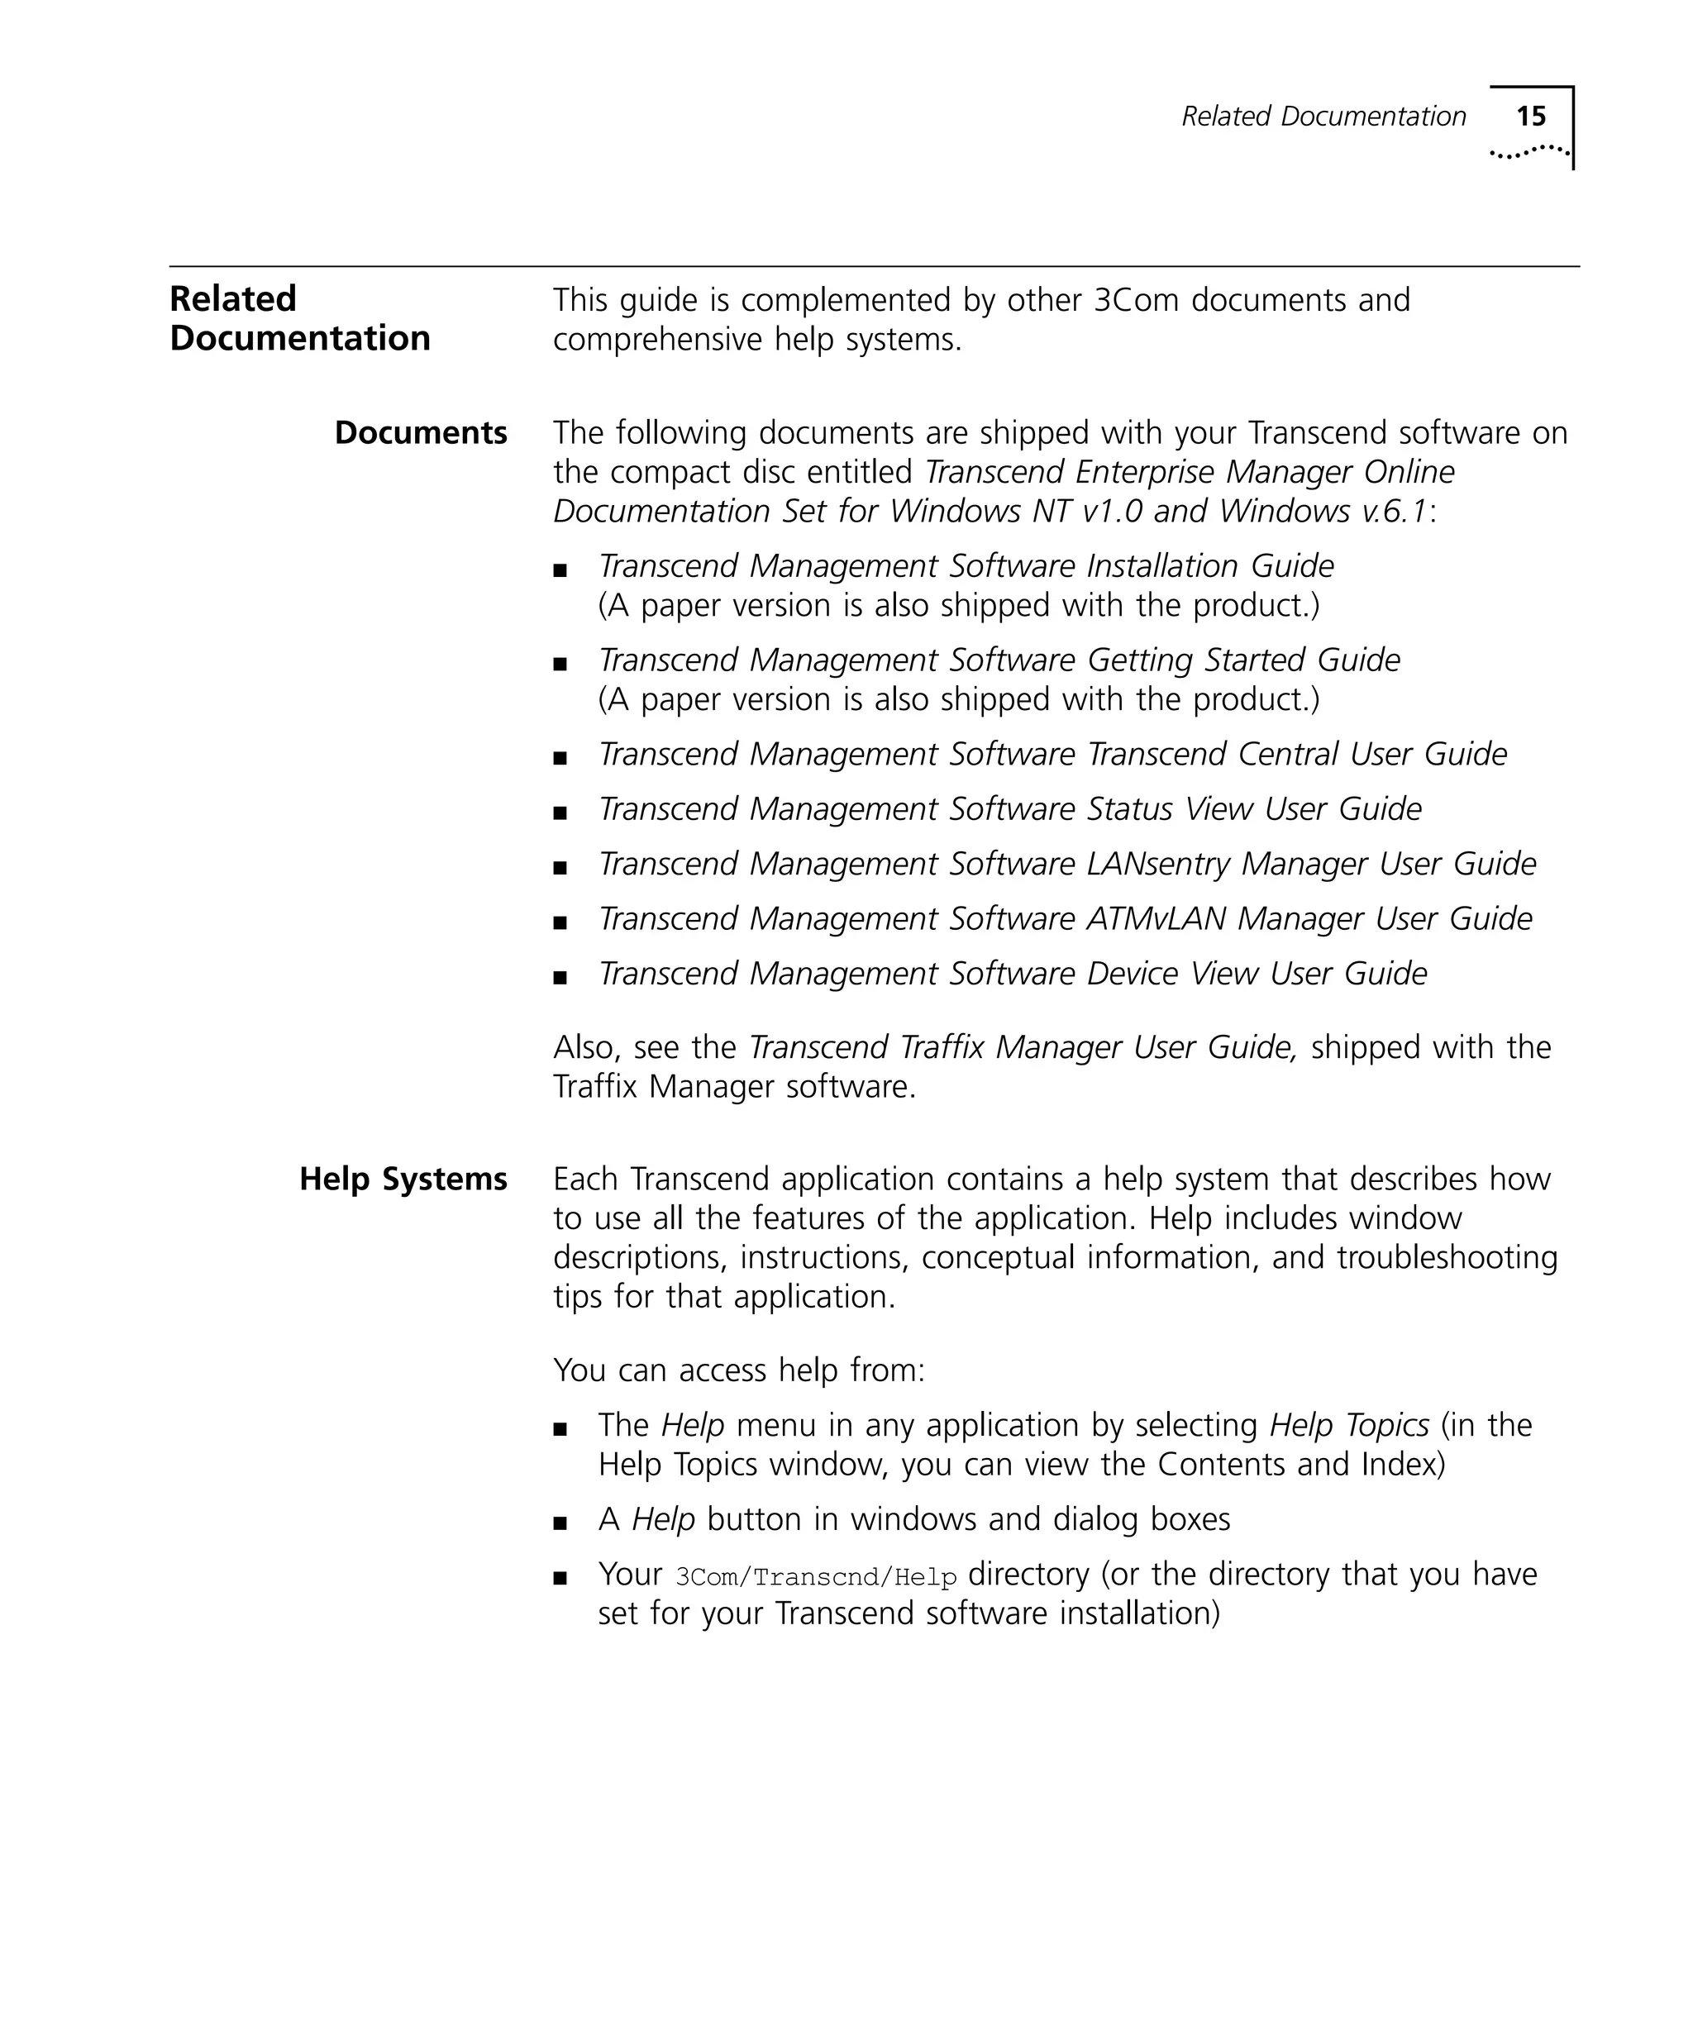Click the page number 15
click(1530, 117)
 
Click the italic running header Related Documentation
click(1323, 117)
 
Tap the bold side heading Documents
click(421, 432)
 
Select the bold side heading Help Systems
click(403, 1179)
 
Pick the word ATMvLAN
click(1156, 918)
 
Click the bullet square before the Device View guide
click(559, 978)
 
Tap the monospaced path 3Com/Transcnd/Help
click(816, 1578)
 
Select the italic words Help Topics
click(1349, 1426)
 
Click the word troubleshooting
click(1447, 1258)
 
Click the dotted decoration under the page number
click(1529, 151)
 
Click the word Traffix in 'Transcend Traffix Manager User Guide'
click(943, 1047)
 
